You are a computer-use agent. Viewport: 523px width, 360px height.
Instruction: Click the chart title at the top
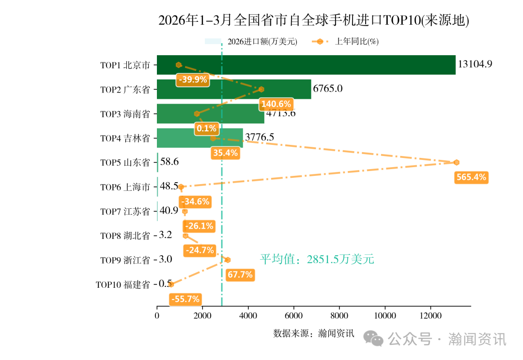(x=314, y=20)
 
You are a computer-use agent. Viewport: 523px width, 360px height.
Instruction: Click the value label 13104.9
(x=475, y=64)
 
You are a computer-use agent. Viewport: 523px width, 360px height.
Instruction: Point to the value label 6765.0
(x=328, y=89)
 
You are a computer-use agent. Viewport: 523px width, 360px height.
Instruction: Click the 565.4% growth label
(x=471, y=177)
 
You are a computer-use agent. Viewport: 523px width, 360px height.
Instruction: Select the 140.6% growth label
(x=276, y=104)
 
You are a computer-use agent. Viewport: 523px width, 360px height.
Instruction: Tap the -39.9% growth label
(x=193, y=80)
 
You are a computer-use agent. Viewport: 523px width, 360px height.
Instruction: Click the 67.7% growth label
(x=240, y=275)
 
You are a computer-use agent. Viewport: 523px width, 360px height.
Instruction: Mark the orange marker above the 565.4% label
(x=456, y=162)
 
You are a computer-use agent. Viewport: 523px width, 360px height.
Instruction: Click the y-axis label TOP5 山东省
(x=125, y=163)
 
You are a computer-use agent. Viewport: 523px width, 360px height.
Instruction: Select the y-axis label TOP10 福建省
(x=123, y=284)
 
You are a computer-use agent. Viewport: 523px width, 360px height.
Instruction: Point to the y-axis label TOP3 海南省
(x=125, y=114)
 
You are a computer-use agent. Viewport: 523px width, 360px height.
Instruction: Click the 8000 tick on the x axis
(x=339, y=315)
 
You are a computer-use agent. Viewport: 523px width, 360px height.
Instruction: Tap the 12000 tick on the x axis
(x=430, y=315)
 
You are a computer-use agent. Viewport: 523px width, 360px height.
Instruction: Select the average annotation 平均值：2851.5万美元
(x=317, y=260)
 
